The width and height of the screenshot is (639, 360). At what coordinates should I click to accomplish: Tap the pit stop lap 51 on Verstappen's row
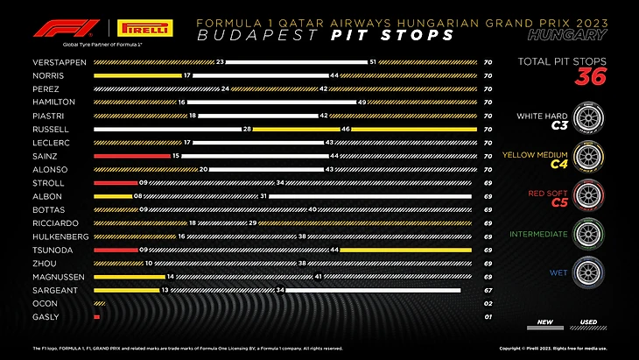(373, 62)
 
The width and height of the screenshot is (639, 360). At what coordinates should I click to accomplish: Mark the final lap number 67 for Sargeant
(487, 290)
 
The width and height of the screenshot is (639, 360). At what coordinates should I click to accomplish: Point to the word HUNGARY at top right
(568, 36)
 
